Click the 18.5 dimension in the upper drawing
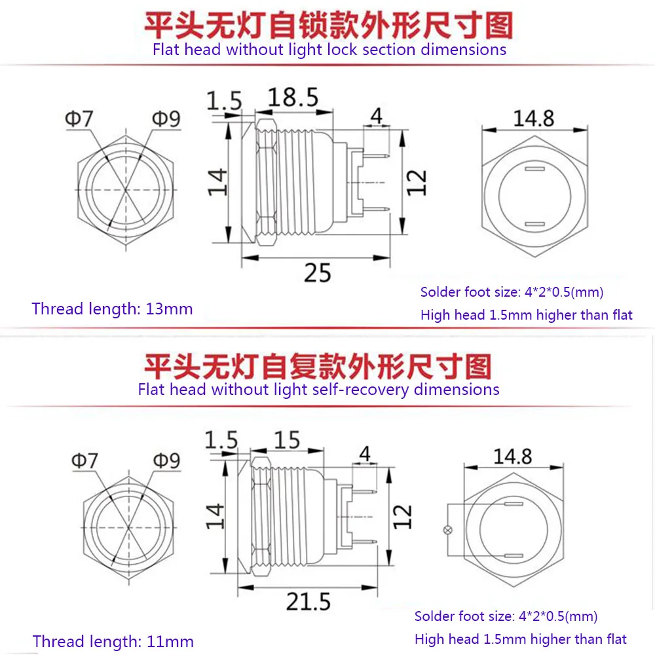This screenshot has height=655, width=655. (x=293, y=98)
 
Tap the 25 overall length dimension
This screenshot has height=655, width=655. (x=318, y=272)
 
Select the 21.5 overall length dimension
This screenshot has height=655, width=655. (x=309, y=601)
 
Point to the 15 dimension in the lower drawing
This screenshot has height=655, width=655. (x=287, y=440)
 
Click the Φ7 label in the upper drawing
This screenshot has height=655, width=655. (x=79, y=119)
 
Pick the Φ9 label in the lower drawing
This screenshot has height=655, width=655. (x=166, y=460)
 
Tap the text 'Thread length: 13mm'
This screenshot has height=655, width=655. (x=112, y=309)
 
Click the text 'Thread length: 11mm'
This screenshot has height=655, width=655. (x=113, y=642)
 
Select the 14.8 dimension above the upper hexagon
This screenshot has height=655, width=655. (x=533, y=118)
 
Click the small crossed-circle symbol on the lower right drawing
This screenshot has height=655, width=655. (x=447, y=530)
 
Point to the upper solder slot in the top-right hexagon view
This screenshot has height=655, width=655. (x=534, y=169)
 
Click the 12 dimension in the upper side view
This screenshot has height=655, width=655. (x=417, y=183)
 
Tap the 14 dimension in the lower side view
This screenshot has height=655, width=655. (x=215, y=516)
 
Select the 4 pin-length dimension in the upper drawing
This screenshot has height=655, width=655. (x=377, y=116)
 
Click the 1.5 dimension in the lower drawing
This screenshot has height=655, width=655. (x=221, y=440)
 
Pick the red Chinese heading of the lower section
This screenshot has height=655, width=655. (x=318, y=366)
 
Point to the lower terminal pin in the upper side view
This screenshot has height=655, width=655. (x=375, y=209)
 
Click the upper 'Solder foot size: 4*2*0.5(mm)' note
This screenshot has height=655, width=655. (x=512, y=292)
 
